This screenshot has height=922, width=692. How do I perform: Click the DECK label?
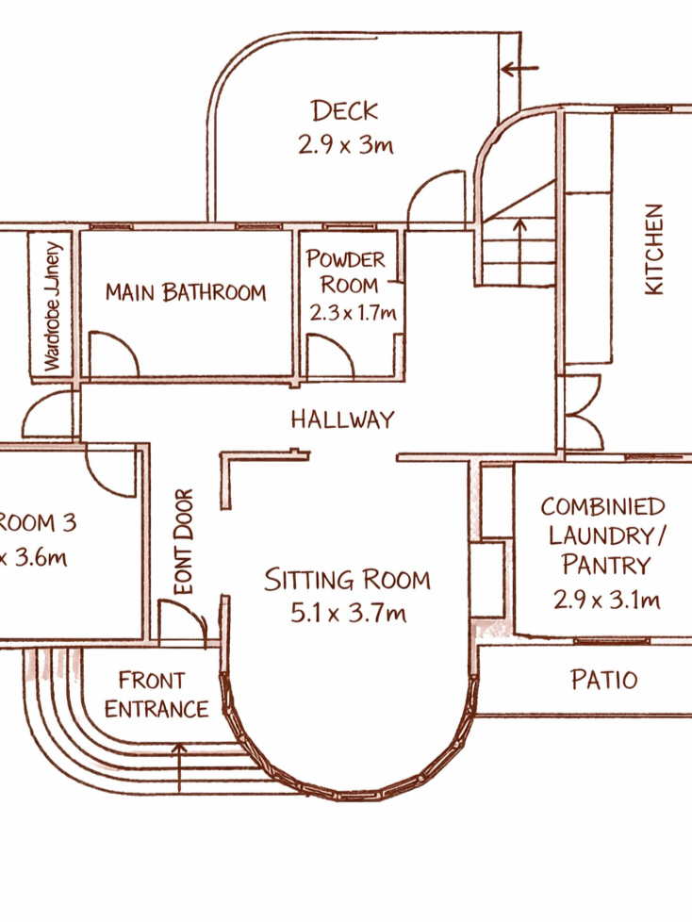(345, 111)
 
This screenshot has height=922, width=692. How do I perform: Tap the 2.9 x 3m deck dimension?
(345, 145)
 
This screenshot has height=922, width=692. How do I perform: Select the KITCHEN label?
(653, 250)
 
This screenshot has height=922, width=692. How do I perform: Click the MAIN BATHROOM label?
(186, 292)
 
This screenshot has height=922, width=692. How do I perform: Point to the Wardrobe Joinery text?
(53, 306)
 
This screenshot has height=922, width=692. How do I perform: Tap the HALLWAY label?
(342, 420)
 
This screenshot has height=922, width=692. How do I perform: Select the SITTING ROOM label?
(347, 579)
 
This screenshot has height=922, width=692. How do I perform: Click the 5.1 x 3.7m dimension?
(348, 614)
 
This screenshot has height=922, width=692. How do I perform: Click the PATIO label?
(604, 679)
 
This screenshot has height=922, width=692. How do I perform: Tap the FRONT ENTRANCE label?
(156, 694)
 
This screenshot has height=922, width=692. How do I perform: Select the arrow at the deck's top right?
(519, 69)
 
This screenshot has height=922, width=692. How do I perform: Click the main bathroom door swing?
(115, 354)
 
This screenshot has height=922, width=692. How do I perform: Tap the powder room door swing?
(331, 359)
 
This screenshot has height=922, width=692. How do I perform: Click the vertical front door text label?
(184, 542)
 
